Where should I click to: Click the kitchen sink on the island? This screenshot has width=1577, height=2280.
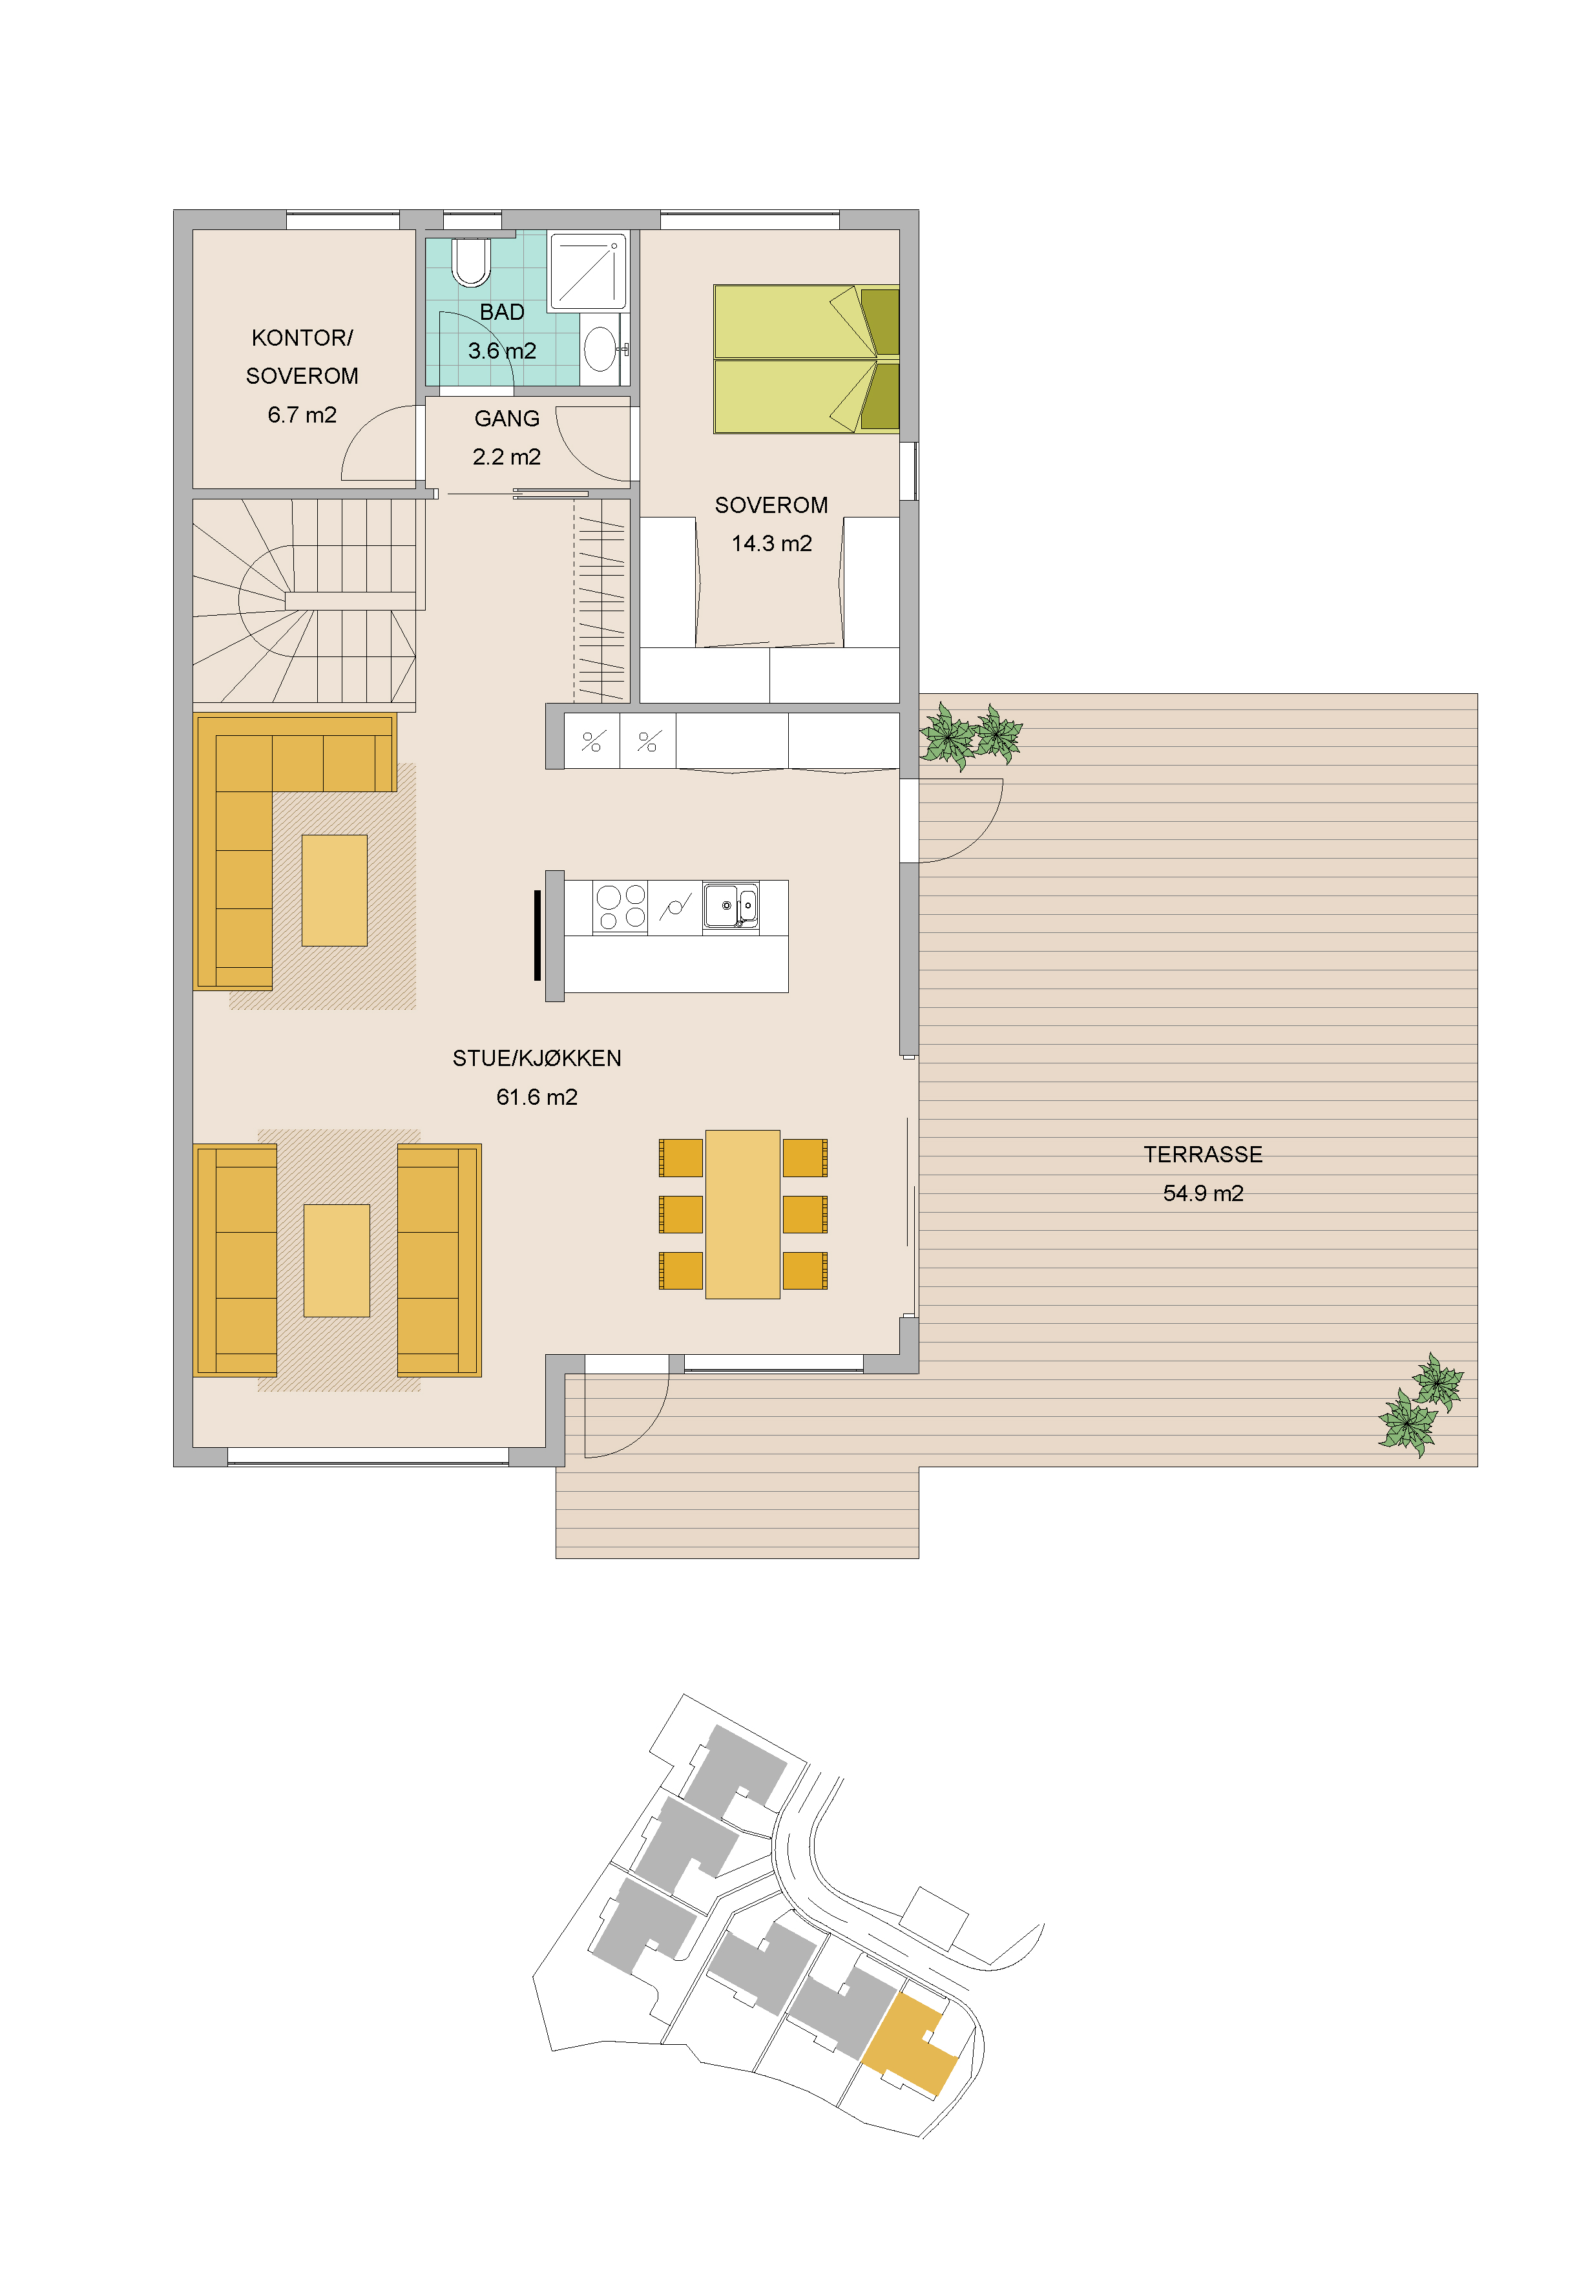point(731,906)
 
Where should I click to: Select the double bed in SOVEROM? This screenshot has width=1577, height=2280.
point(806,360)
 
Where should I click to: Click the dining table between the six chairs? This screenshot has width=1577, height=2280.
point(743,1214)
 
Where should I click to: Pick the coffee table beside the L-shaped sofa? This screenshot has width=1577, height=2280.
point(334,890)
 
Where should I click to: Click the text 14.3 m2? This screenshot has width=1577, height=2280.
point(771,543)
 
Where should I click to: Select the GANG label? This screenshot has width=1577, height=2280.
point(507,419)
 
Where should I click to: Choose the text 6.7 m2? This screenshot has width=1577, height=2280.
point(302,415)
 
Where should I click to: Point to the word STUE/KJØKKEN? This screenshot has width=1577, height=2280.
point(536,1059)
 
